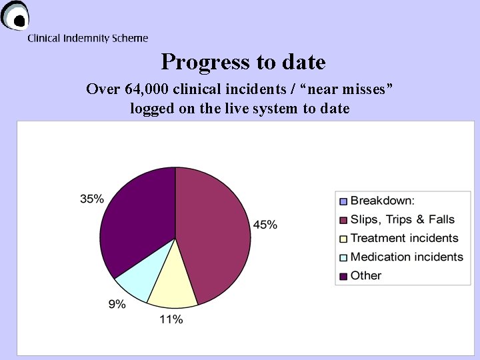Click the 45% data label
click(265, 225)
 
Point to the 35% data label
click(92, 199)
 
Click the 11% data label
click(171, 319)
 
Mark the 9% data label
click(117, 304)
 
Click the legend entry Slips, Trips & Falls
click(402, 219)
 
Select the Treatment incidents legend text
click(404, 238)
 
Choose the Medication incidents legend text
click(407, 257)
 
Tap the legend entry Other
click(366, 275)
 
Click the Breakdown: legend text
click(382, 201)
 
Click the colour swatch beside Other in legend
click(343, 276)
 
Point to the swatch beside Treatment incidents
click(343, 239)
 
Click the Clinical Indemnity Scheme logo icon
click(15, 17)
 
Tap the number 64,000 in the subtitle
click(143, 89)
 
